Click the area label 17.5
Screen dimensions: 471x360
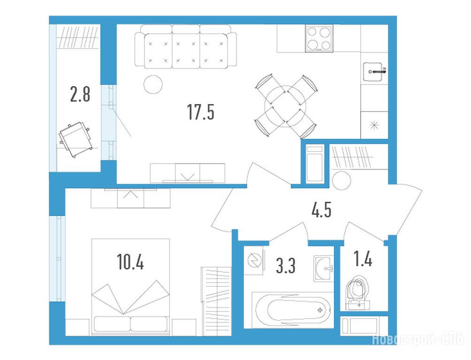coord(201,112)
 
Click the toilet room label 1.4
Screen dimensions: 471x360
coord(363,259)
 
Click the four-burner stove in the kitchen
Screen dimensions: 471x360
coord(319,38)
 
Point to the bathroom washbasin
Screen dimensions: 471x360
coord(324,269)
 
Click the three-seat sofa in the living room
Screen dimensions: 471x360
coord(185,46)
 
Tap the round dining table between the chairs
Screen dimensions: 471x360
coord(285,106)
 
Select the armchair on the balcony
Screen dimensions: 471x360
coord(75,139)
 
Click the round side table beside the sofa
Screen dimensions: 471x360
coord(153,84)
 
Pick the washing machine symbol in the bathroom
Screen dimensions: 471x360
coord(255,260)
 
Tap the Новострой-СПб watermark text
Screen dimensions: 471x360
coord(418,339)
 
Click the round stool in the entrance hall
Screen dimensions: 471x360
coord(341,180)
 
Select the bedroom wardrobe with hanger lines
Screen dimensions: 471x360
coord(216,301)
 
